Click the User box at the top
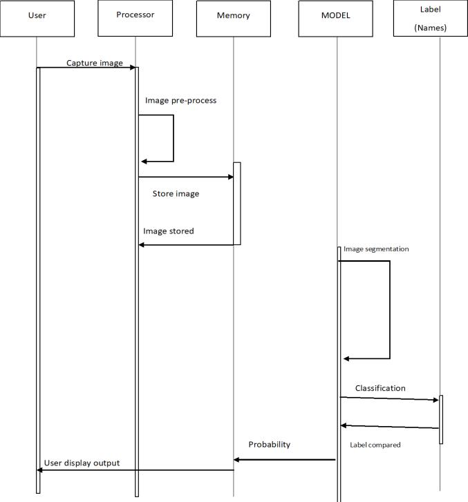click(37, 19)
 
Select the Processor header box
click(135, 19)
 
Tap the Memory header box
click(233, 19)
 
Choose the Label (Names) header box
click(430, 19)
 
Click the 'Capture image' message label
click(95, 63)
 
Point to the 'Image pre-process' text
click(180, 100)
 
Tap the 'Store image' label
click(176, 194)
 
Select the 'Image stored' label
click(169, 231)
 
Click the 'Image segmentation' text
click(376, 249)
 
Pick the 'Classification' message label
click(380, 388)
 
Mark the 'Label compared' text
click(375, 445)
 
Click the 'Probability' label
click(270, 445)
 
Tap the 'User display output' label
click(82, 463)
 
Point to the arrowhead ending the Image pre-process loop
click(144, 162)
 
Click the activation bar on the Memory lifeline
click(236, 203)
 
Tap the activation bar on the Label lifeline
click(441, 419)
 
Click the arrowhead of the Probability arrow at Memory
click(236, 459)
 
